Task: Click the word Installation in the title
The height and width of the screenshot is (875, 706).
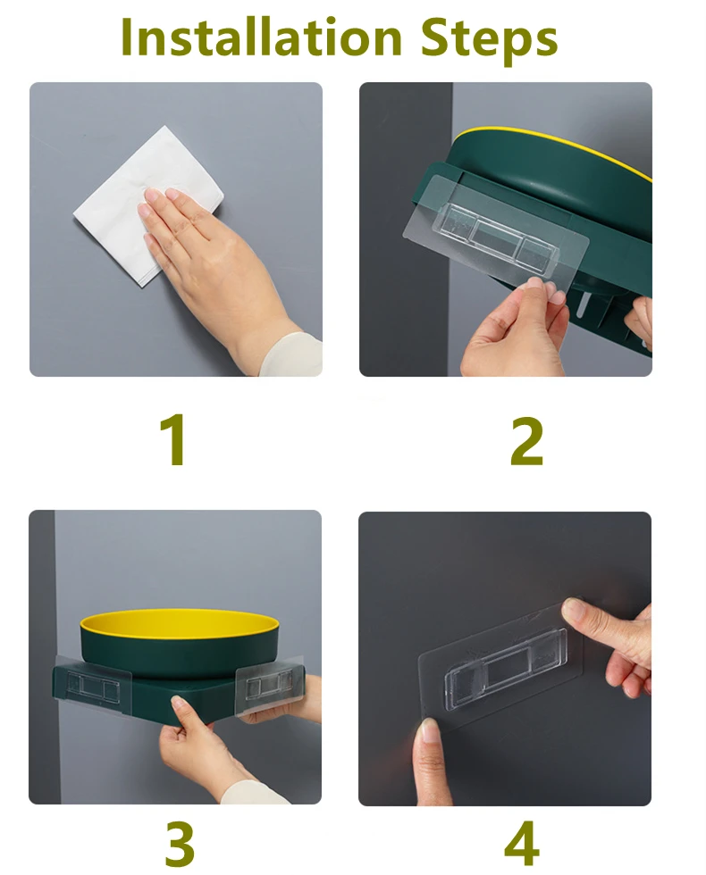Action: [261, 37]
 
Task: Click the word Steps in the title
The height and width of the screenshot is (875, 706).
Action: [489, 39]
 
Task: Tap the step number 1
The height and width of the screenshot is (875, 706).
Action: [174, 439]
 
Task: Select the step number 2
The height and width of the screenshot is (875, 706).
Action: [526, 441]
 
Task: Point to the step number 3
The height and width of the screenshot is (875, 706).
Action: [180, 843]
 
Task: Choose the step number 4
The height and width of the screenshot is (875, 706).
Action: [522, 843]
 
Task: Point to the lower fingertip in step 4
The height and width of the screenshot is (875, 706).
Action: [429, 739]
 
